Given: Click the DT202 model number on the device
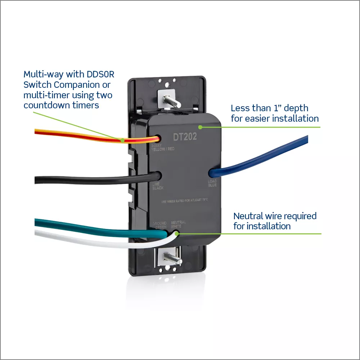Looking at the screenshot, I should [x=185, y=137].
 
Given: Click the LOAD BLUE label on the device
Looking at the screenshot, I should [x=212, y=183].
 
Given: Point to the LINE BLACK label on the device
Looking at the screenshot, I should [x=158, y=186].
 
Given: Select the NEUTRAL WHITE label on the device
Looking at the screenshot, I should [x=178, y=225].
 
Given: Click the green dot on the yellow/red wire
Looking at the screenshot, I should [x=123, y=140].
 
